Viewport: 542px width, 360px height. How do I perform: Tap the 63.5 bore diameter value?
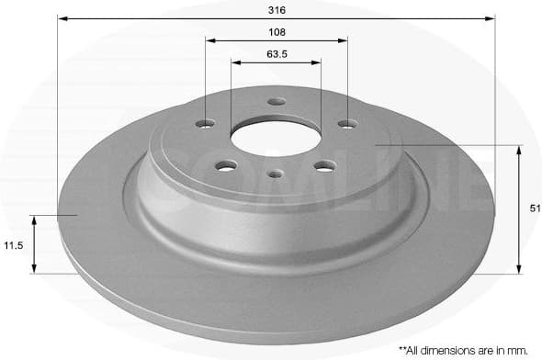277,53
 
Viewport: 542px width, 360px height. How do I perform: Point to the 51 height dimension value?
535,209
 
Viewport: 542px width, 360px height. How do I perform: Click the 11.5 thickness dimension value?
12,245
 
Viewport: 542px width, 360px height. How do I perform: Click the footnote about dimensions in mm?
464,349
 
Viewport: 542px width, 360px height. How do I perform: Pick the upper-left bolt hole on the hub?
206,124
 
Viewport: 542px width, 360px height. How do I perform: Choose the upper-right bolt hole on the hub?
346,124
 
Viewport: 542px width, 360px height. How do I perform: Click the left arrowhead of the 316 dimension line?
61,17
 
